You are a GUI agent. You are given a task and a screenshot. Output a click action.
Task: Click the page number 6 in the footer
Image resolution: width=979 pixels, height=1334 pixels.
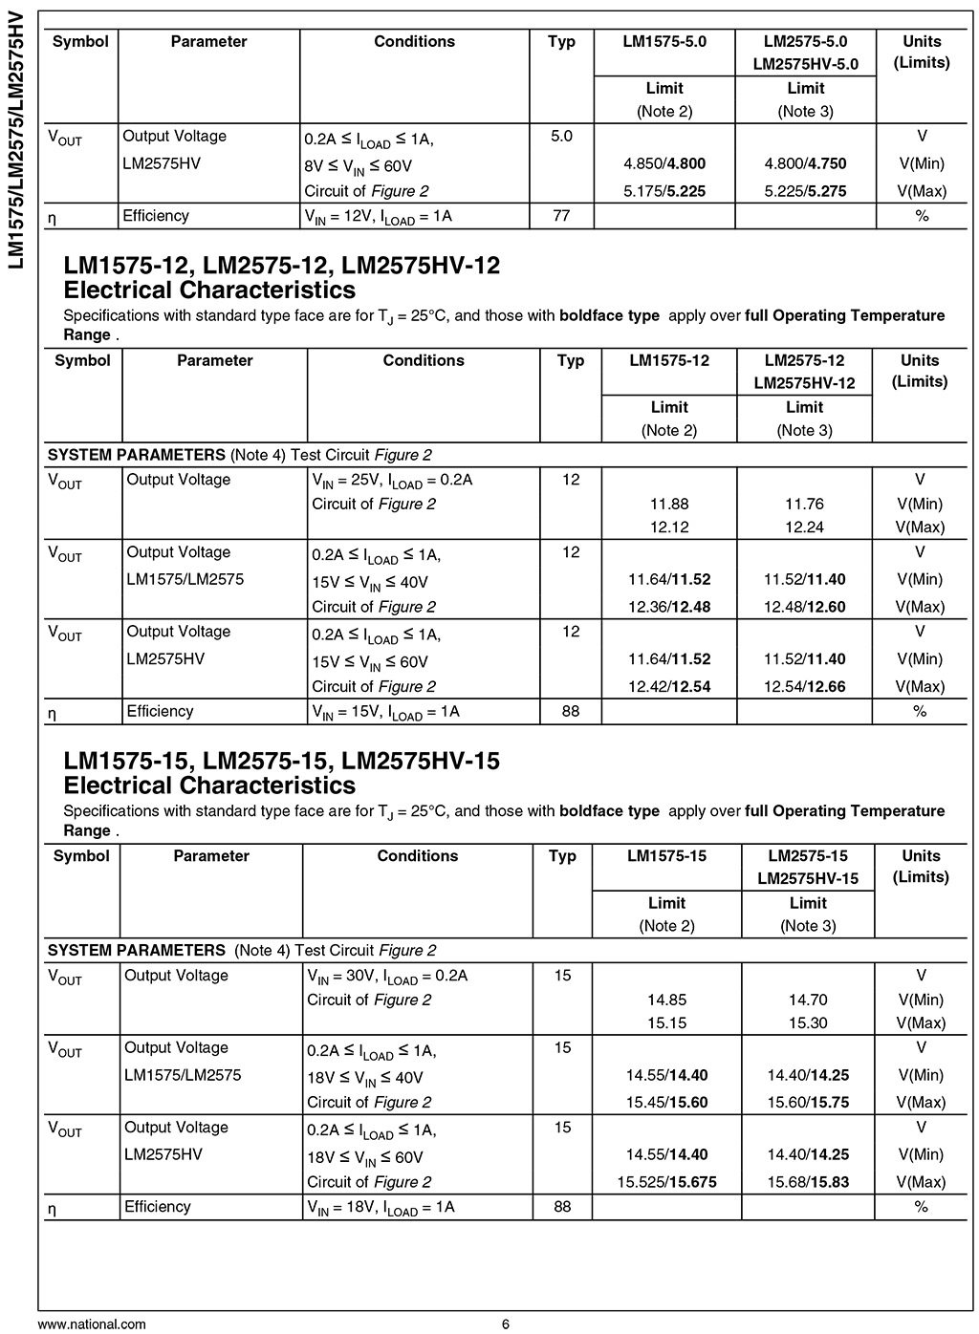[x=506, y=1323]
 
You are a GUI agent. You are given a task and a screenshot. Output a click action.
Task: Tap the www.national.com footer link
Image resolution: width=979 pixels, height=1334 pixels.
[x=92, y=1323]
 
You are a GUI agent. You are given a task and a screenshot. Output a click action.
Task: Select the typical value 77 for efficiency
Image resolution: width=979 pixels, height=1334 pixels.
[x=561, y=216]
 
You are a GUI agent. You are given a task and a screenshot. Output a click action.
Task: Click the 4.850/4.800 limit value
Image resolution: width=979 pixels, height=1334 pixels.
[x=664, y=163]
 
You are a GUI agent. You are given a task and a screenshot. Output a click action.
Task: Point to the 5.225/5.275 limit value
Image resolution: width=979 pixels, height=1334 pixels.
[x=805, y=191]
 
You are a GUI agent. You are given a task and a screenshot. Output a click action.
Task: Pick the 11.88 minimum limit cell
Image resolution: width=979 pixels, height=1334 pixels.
[x=669, y=504]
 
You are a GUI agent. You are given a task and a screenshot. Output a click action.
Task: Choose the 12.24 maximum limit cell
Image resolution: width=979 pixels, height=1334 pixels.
[x=804, y=527]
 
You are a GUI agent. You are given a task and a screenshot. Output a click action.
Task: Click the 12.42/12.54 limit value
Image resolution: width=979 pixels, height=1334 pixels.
[x=669, y=686]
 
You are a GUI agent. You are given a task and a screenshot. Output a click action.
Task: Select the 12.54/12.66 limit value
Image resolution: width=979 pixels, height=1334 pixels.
[x=804, y=686]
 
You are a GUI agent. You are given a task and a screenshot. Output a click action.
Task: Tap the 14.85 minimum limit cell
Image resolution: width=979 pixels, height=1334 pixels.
[x=666, y=1000]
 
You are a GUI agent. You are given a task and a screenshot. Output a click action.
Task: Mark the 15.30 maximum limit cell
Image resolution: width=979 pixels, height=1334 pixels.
[x=808, y=1022]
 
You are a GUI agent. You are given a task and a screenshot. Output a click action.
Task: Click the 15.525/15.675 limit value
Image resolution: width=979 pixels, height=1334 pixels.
[x=666, y=1182]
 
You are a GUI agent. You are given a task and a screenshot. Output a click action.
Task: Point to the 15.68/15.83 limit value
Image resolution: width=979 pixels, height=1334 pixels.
[x=808, y=1182]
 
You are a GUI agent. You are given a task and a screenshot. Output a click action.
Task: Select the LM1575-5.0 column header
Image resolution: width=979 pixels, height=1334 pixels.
[x=664, y=41]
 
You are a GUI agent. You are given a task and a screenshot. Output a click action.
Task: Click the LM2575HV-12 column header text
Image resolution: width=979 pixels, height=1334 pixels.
[x=804, y=383]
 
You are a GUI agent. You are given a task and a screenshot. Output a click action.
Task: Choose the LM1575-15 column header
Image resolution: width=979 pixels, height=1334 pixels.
[x=666, y=855]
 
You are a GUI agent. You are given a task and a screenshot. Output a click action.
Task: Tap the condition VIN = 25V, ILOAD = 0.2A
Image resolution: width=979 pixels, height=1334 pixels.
[x=392, y=481]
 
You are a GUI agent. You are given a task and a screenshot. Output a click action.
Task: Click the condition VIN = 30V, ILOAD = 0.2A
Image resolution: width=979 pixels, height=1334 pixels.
[x=387, y=976]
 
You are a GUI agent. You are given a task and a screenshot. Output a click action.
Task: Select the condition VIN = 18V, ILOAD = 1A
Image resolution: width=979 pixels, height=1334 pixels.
[x=381, y=1207]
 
